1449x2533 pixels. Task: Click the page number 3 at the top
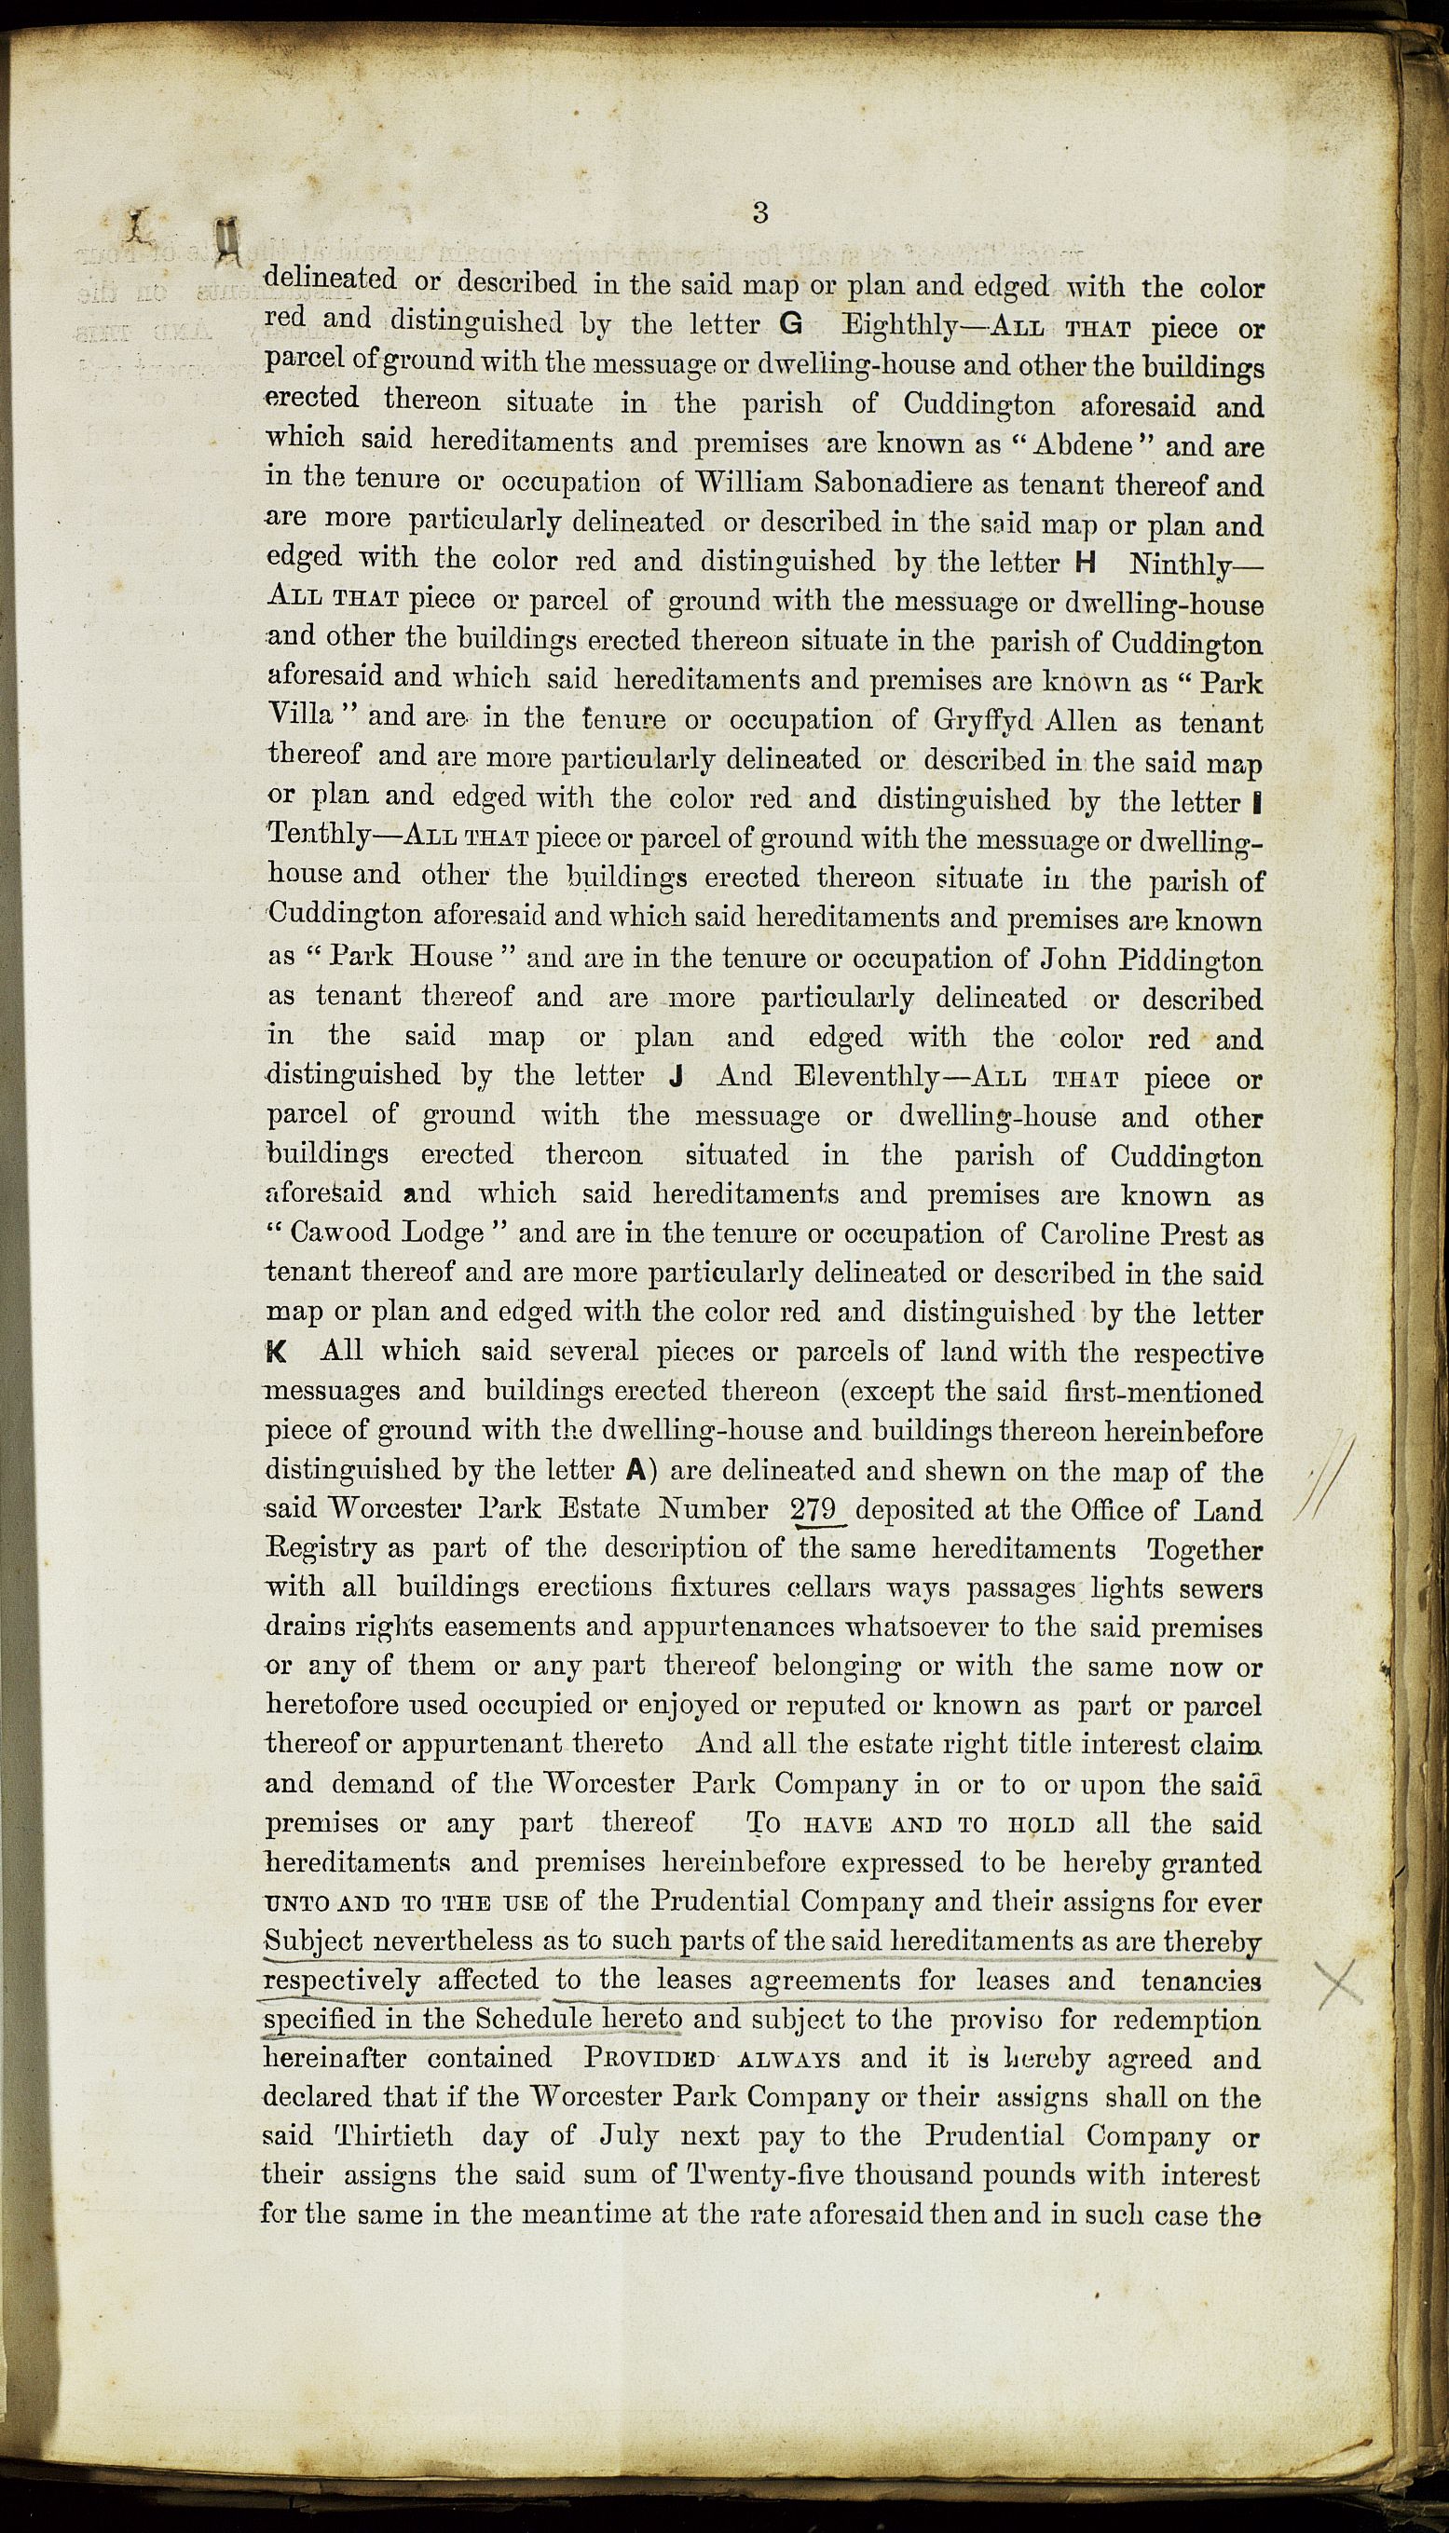click(x=760, y=211)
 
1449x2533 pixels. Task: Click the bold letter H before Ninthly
click(x=1086, y=563)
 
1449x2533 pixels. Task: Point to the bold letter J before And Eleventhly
click(x=676, y=1078)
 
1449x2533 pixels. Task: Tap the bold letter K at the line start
click(x=278, y=1353)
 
